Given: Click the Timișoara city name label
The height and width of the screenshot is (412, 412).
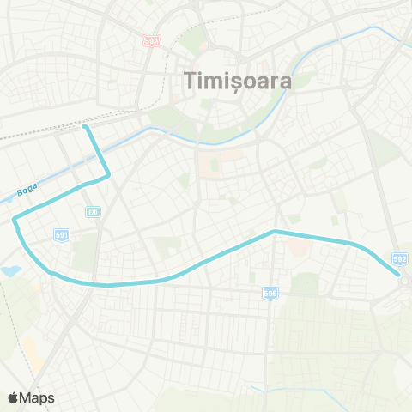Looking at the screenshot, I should coord(238,81).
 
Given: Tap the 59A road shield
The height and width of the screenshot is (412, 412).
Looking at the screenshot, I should coord(152,40).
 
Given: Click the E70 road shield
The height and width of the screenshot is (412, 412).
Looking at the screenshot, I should coord(93,211).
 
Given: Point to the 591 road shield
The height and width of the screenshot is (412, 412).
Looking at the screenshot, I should coord(62,233).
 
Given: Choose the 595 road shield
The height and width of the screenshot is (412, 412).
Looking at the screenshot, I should coord(270,294).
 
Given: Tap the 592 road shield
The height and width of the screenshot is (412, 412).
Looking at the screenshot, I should coord(399,257).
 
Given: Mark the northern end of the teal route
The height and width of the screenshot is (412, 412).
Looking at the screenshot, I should coord(85,127).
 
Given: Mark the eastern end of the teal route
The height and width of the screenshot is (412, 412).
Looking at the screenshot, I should coord(399,276).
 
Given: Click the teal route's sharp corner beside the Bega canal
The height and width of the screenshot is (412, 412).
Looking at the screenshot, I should coord(110,176).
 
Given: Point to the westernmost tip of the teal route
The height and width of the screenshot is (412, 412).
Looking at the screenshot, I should coord(15,221).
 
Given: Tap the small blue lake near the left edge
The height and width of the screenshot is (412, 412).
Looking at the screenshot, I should coord(9,270).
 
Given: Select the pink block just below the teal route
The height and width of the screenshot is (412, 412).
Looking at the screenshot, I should coord(295,248).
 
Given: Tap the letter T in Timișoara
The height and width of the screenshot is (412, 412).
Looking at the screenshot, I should coord(191,81).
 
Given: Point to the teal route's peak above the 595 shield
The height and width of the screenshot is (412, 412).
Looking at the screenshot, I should coord(274,232).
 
